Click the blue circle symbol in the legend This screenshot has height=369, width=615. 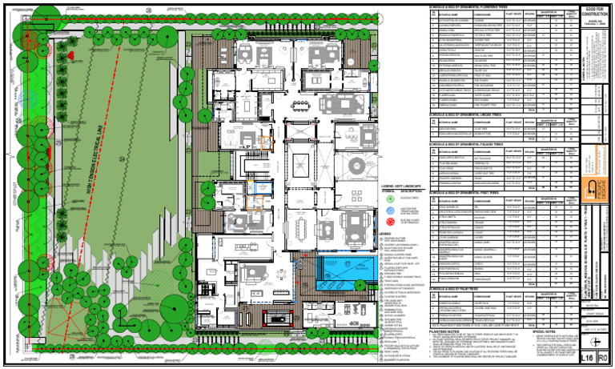click(x=386, y=209)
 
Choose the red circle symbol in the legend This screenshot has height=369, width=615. click(x=386, y=219)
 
